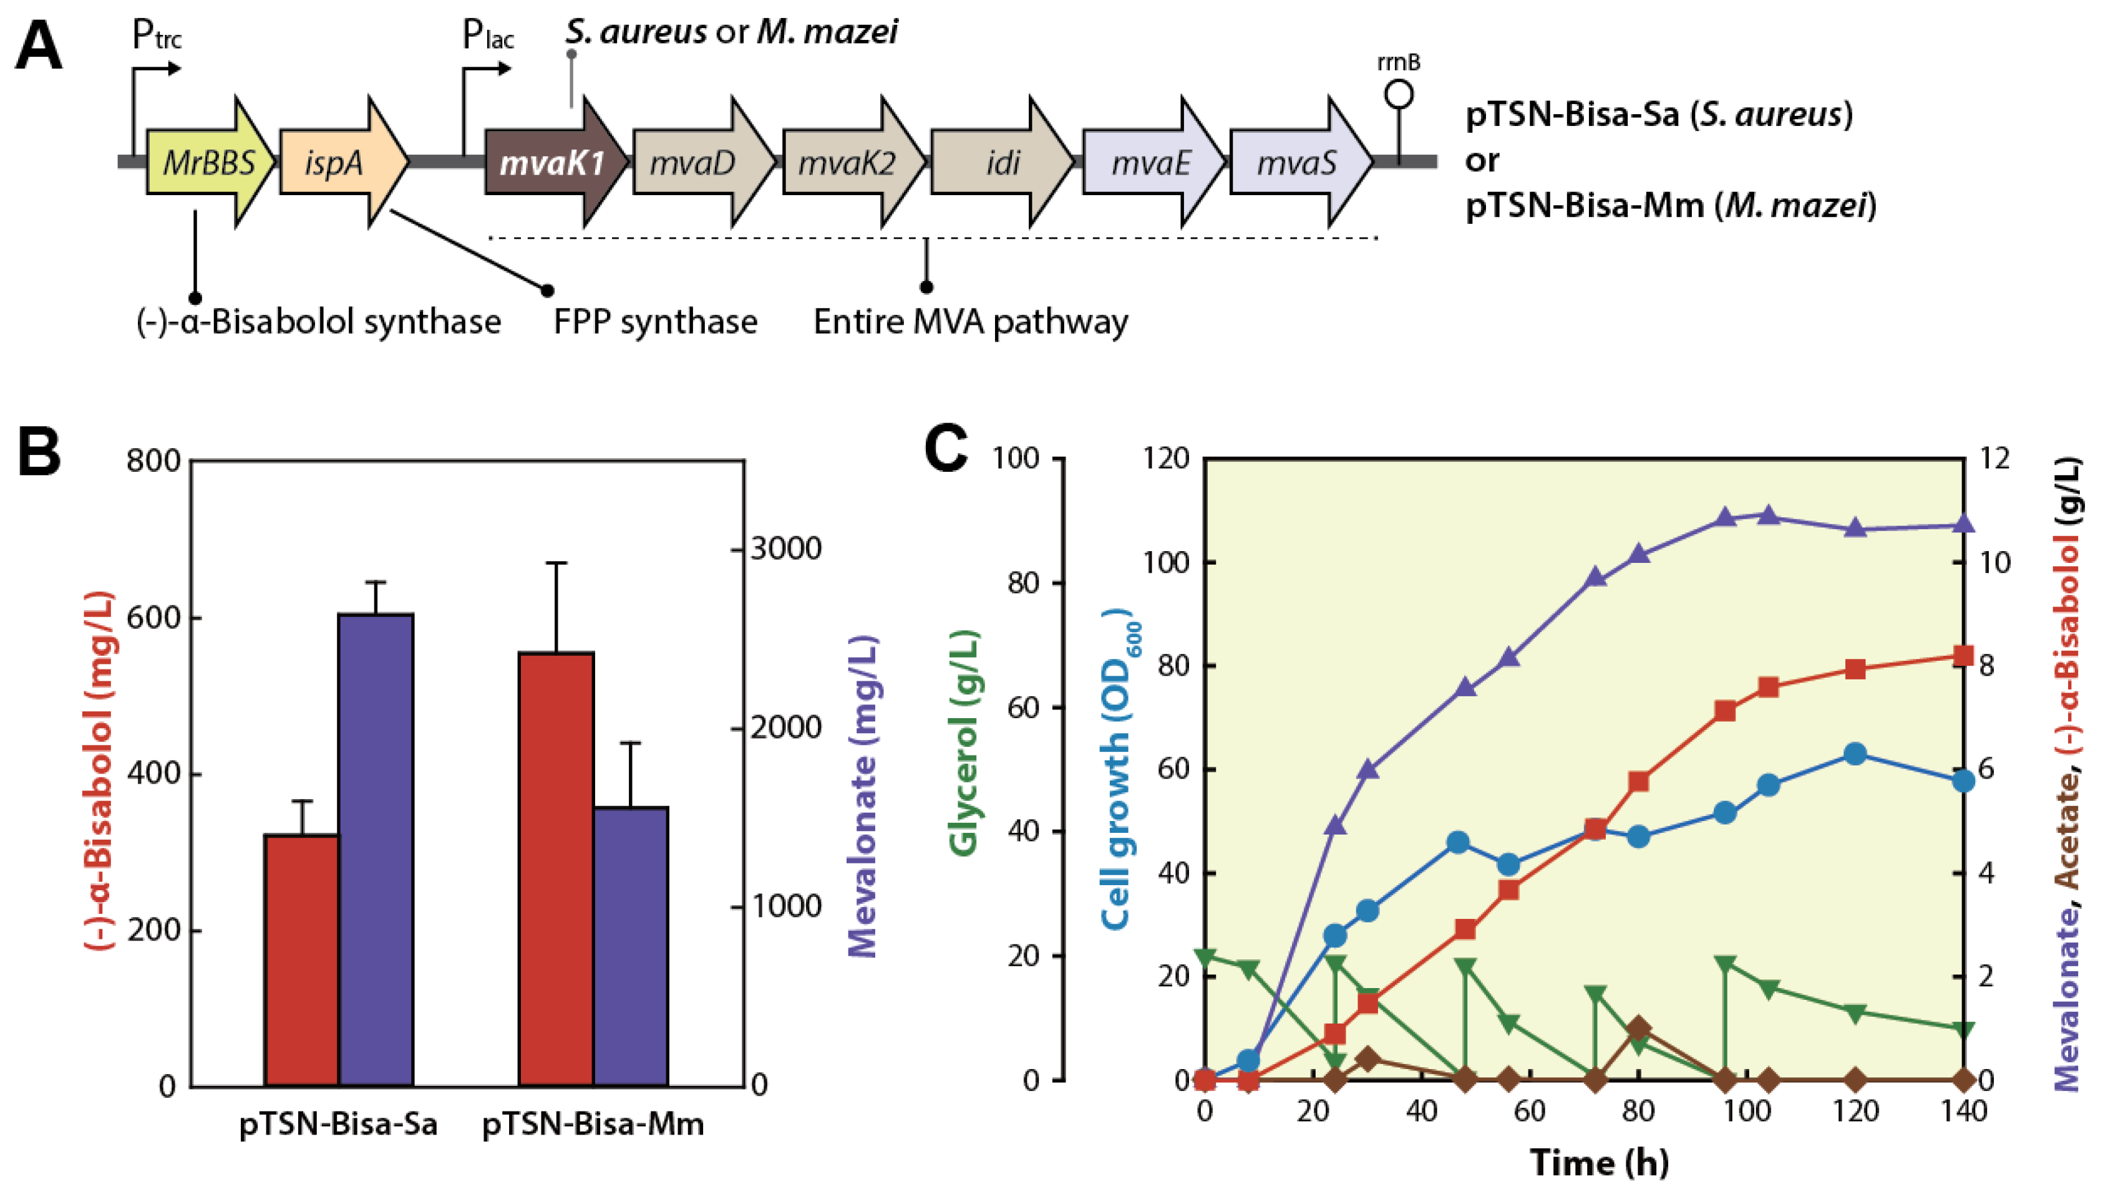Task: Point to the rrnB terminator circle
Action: coord(1399,94)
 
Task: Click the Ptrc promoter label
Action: coord(156,36)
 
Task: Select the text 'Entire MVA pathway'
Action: coord(970,322)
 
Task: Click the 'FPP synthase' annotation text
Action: coord(654,322)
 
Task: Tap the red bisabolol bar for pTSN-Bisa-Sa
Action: coord(301,960)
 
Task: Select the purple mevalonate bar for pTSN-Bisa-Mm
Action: coord(631,946)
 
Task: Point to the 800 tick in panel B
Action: coord(153,461)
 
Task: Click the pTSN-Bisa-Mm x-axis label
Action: coord(593,1123)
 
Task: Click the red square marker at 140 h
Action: coord(1963,656)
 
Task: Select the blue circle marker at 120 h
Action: coord(1854,754)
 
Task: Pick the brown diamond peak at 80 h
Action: coord(1639,1027)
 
